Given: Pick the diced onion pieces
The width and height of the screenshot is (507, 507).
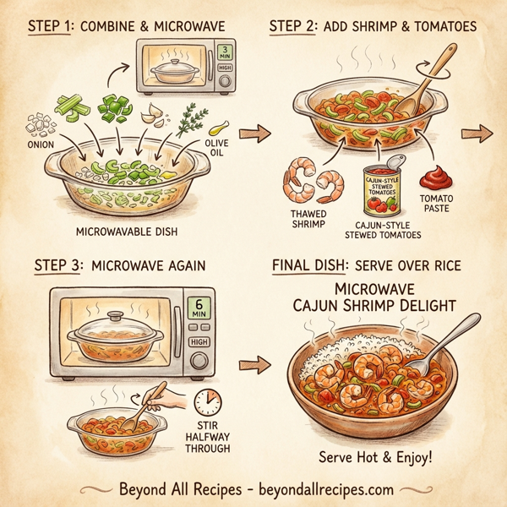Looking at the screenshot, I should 38,127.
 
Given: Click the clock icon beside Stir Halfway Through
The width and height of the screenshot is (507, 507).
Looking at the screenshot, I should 205,400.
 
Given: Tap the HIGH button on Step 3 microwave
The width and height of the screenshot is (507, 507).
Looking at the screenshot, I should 200,341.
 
